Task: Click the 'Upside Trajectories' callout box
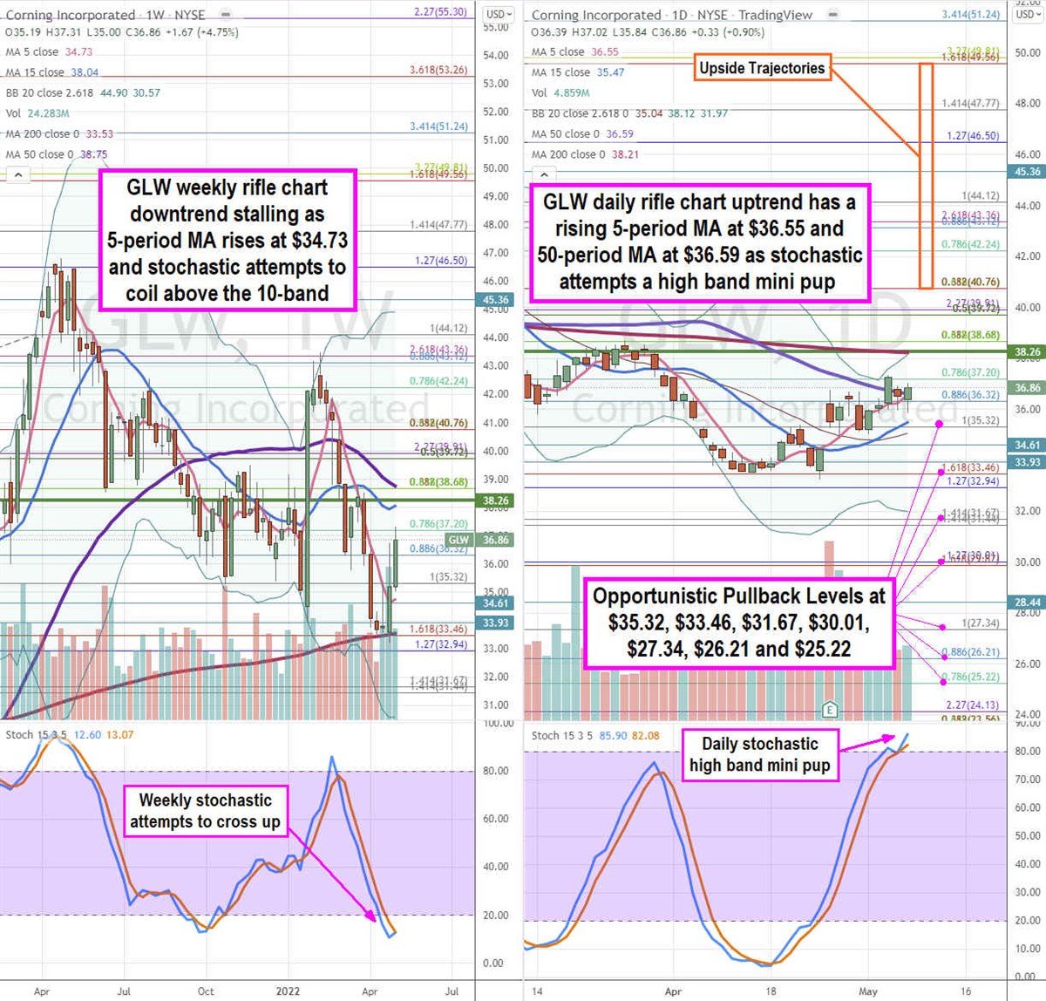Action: click(762, 68)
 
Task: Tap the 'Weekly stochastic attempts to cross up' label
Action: click(206, 811)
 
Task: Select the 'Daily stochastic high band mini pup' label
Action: click(760, 755)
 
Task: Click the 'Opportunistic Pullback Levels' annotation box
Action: click(738, 623)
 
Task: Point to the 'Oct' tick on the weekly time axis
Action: click(206, 991)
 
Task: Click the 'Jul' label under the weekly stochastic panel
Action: click(124, 991)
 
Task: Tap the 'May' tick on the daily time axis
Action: click(867, 991)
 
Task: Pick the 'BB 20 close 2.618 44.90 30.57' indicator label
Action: click(83, 92)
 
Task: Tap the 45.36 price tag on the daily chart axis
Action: click(1027, 172)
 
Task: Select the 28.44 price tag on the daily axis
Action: click(1027, 603)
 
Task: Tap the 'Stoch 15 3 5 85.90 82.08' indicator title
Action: click(595, 736)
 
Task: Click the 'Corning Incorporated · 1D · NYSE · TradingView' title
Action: click(672, 15)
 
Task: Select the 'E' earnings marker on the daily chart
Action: click(831, 710)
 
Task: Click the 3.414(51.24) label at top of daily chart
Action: click(970, 14)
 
